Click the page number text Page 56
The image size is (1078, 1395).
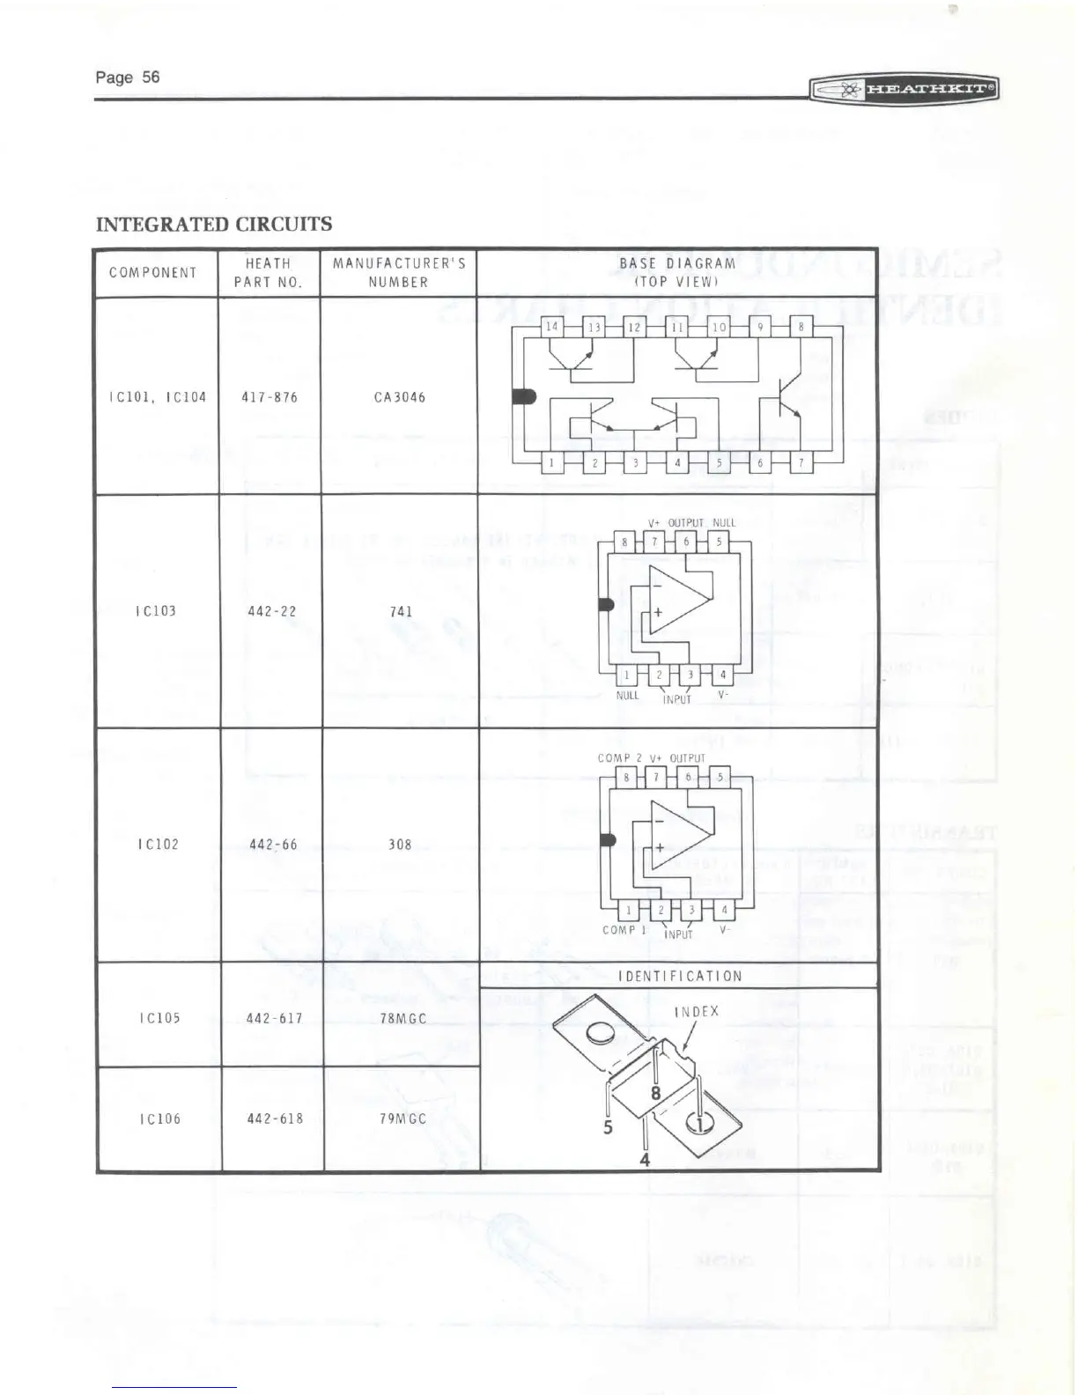click(128, 77)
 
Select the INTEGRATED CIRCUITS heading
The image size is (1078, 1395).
click(214, 224)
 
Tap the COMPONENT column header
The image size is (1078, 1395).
click(153, 272)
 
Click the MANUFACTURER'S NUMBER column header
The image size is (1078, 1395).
click(399, 272)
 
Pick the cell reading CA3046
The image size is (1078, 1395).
click(399, 397)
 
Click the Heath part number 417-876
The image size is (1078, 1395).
click(269, 397)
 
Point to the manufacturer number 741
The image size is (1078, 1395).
click(402, 611)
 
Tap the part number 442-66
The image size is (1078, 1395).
click(273, 845)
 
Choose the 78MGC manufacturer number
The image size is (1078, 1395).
click(402, 1019)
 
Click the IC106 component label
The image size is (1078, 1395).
click(159, 1118)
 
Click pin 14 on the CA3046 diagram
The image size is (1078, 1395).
click(552, 327)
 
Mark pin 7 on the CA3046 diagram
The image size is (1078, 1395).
click(801, 462)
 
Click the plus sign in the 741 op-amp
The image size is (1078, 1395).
click(657, 612)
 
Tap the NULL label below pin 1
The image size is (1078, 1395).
click(626, 695)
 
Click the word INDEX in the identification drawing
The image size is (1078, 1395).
click(696, 1011)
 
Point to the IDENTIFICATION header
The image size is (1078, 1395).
click(680, 976)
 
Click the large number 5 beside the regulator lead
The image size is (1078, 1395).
click(608, 1126)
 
